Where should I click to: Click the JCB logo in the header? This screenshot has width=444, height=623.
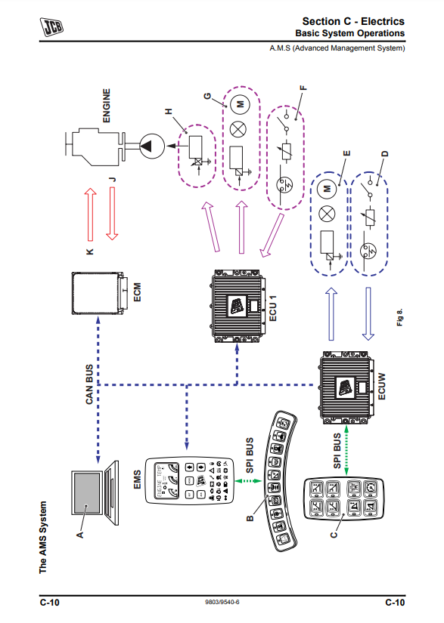point(51,27)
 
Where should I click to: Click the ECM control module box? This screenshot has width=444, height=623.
point(98,293)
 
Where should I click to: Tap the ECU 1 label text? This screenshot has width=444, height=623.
point(272,308)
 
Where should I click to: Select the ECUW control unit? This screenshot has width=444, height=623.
point(346,387)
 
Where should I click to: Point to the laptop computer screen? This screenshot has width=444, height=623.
point(86,492)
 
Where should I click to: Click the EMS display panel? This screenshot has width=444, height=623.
point(188,481)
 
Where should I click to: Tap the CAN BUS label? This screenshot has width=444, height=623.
point(89,384)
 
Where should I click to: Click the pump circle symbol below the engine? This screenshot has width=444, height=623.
point(151,146)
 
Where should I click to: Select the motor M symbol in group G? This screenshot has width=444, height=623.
point(240,104)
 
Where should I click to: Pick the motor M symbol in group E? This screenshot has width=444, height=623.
point(327,188)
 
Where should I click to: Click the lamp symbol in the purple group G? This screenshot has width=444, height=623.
point(238,129)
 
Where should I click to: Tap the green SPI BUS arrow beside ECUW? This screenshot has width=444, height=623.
point(346,450)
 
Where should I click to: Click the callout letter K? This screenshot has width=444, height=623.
point(90,251)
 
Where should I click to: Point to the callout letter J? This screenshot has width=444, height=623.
point(113,179)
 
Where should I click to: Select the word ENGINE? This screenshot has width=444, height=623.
point(106,106)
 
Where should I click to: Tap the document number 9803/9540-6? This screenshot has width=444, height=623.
point(222,602)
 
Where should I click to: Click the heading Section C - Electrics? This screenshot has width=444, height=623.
point(353,21)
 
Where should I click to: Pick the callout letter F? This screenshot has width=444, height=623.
point(303,88)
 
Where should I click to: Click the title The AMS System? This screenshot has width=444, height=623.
point(43,538)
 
